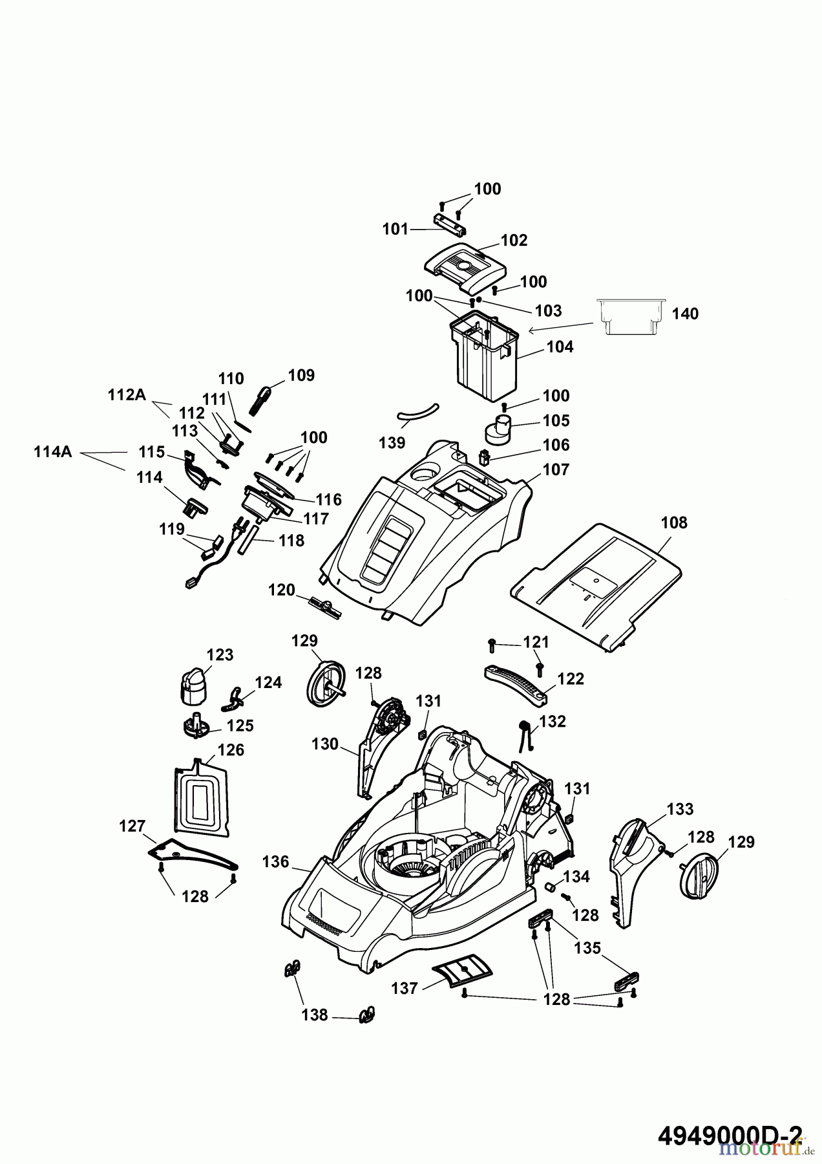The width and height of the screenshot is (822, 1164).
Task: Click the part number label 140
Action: (685, 314)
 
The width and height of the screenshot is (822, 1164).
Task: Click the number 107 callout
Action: (556, 469)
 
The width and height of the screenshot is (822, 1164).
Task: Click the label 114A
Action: (53, 452)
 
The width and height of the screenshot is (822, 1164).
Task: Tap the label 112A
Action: (127, 394)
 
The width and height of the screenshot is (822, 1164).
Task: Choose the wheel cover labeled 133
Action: (635, 872)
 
